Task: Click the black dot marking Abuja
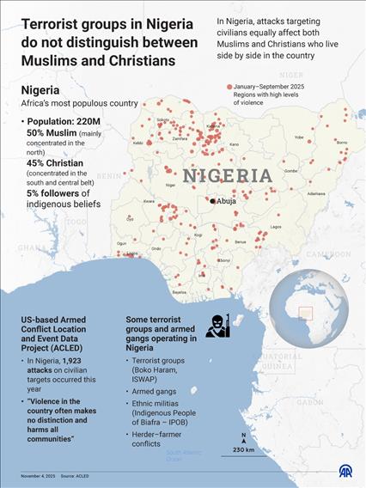coord(213,201)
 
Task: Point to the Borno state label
coord(340,142)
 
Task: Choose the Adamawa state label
coord(316,193)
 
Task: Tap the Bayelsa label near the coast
coord(179,292)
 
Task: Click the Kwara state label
coord(149,201)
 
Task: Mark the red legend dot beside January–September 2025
coord(229,88)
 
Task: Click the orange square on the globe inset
coord(304,314)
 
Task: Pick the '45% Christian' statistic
coord(54,163)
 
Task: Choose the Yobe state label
coord(299,137)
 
